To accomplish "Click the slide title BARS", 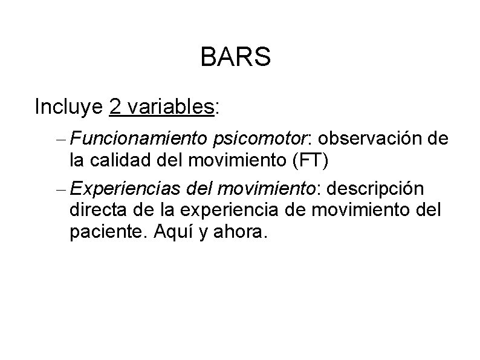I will point(235,58).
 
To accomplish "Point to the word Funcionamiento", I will point(140,139).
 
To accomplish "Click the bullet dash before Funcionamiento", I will point(62,140).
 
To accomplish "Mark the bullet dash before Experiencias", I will point(62,189).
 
